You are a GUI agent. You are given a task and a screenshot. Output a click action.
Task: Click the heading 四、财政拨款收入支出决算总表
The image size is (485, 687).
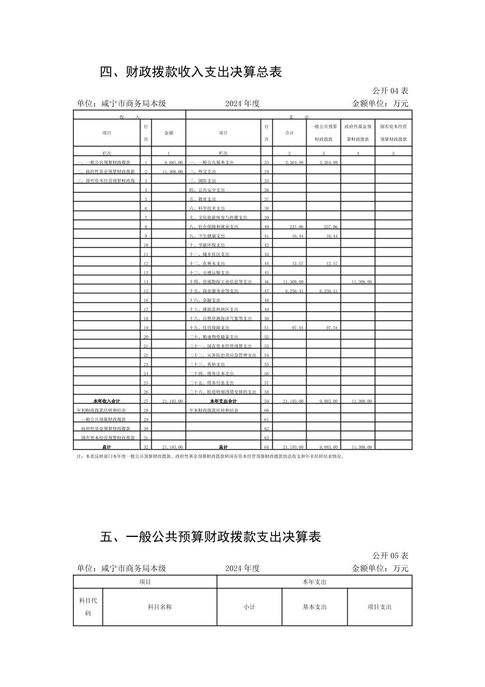(x=191, y=72)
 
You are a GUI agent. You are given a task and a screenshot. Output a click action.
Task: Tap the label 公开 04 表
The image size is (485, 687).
(x=390, y=91)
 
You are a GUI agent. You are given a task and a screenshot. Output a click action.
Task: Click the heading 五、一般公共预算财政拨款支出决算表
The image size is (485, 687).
(x=210, y=536)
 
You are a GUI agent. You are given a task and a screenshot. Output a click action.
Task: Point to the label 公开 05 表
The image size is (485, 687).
(x=390, y=555)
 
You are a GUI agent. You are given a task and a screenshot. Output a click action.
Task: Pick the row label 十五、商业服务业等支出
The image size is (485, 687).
(x=214, y=291)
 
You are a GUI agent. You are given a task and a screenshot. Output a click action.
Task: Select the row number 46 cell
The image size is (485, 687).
(x=266, y=282)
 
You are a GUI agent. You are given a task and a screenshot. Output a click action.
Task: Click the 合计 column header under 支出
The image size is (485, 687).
(x=289, y=133)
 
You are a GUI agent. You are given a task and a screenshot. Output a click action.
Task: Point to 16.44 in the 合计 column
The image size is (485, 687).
(x=297, y=235)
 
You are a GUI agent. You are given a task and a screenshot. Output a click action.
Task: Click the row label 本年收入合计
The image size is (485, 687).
(x=107, y=401)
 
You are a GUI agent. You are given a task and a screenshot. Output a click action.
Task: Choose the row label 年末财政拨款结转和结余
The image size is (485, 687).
(x=214, y=410)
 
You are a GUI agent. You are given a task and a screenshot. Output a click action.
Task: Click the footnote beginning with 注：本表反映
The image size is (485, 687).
(x=210, y=456)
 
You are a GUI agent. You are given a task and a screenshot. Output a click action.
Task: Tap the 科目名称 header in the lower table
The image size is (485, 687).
(x=160, y=607)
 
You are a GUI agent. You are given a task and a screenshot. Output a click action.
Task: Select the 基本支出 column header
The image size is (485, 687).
(x=314, y=607)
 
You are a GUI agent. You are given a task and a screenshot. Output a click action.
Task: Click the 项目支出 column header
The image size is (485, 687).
(x=379, y=607)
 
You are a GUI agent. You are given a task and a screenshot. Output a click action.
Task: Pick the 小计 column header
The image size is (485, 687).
(x=249, y=607)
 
